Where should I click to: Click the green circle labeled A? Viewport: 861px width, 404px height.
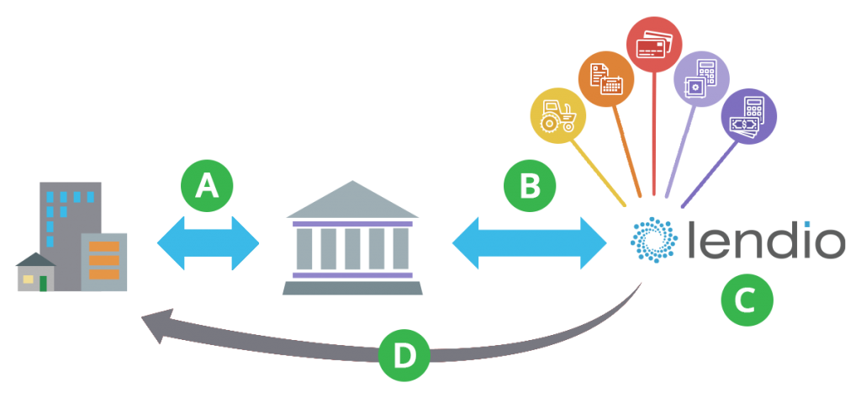pyautogui.click(x=207, y=187)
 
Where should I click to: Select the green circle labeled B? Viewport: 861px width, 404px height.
pyautogui.click(x=529, y=186)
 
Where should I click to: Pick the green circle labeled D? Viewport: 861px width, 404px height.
pyautogui.click(x=404, y=356)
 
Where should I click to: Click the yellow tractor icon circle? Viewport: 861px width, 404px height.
pyautogui.click(x=557, y=115)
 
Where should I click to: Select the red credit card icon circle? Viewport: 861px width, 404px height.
pyautogui.click(x=653, y=44)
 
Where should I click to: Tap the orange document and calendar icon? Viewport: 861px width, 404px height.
pyautogui.click(x=605, y=78)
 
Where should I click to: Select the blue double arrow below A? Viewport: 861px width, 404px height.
pyautogui.click(x=208, y=244)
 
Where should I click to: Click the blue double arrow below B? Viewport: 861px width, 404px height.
pyautogui.click(x=529, y=244)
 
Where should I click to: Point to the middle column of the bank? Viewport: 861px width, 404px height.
pyautogui.click(x=352, y=248)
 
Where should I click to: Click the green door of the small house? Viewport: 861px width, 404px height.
pyautogui.click(x=44, y=282)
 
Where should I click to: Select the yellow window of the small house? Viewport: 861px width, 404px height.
pyautogui.click(x=28, y=279)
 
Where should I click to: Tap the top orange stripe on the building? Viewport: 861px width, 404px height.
pyautogui.click(x=103, y=247)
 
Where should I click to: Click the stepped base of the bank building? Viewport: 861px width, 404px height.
pyautogui.click(x=352, y=288)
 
